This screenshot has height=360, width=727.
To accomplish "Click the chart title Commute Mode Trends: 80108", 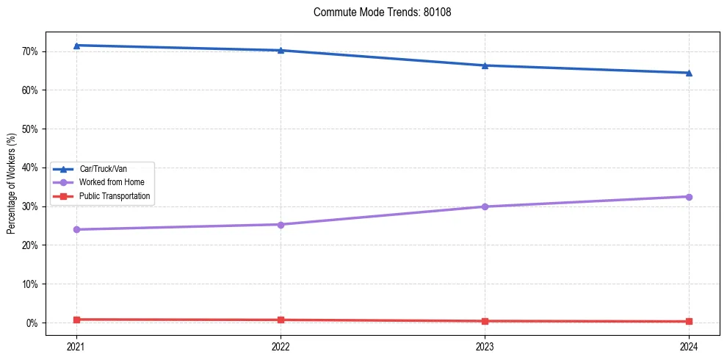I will point(377,12).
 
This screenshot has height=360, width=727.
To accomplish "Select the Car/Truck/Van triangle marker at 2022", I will point(281,50).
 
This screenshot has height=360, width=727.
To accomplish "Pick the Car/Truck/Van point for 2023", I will point(485,65).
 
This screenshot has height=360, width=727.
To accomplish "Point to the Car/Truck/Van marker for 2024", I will point(689,73).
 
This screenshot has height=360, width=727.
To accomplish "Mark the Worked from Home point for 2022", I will point(281,224).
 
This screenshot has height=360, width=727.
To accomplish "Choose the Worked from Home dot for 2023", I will point(485,206).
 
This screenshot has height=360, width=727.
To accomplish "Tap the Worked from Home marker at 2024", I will point(689,197).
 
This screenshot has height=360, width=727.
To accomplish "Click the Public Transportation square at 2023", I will point(485,321).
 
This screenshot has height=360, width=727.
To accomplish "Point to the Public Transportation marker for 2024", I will point(689,321).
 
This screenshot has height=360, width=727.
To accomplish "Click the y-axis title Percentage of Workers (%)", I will point(12,184).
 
